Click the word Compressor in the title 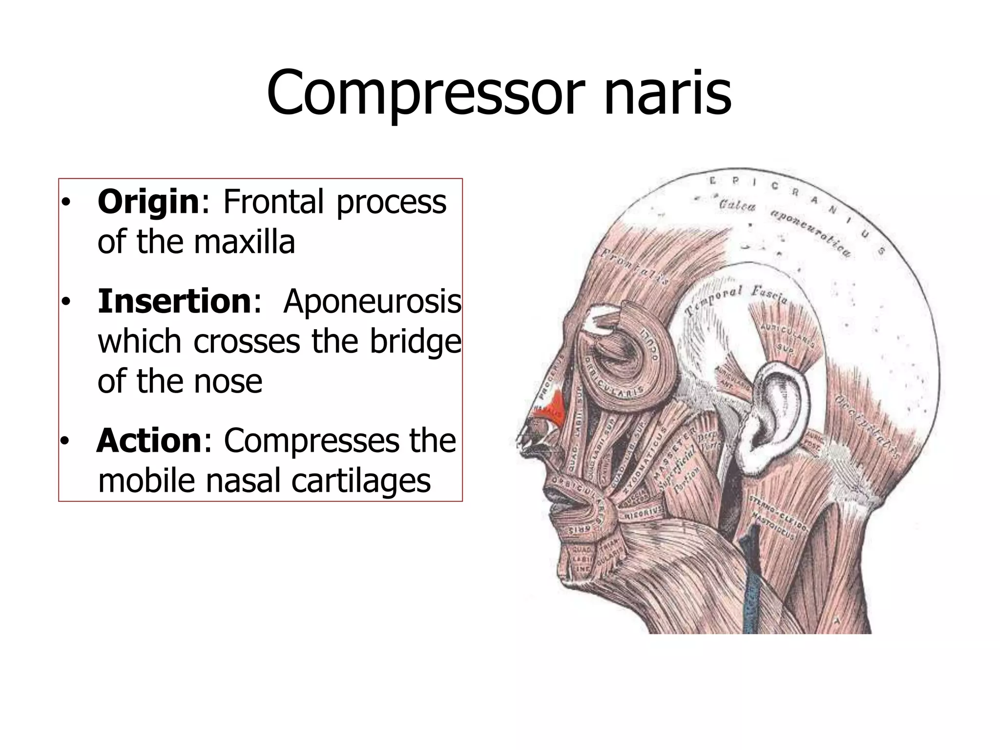coord(425,93)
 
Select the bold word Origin coord(148,202)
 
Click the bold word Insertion coord(174,301)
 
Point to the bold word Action coord(149,440)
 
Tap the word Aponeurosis coord(372,301)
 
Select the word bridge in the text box coord(415,341)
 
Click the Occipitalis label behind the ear coord(867,425)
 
